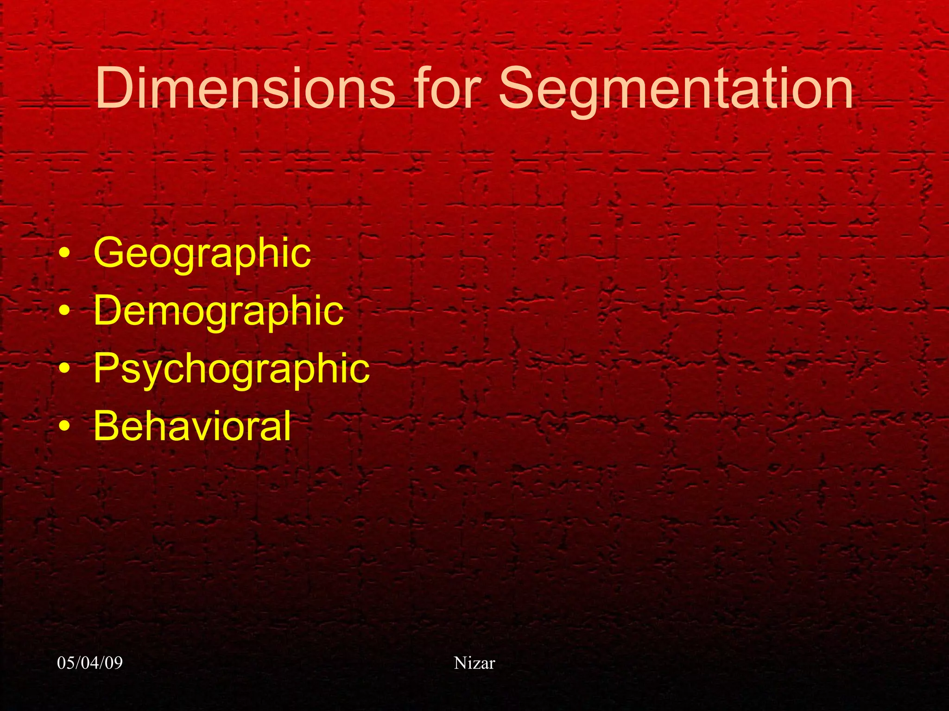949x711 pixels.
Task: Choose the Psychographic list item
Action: point(231,369)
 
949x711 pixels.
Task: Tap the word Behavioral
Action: point(192,426)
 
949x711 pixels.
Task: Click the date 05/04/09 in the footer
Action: point(90,663)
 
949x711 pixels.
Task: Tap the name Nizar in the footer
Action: point(474,663)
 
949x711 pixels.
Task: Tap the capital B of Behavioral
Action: point(107,426)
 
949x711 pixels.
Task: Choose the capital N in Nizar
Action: point(460,663)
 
